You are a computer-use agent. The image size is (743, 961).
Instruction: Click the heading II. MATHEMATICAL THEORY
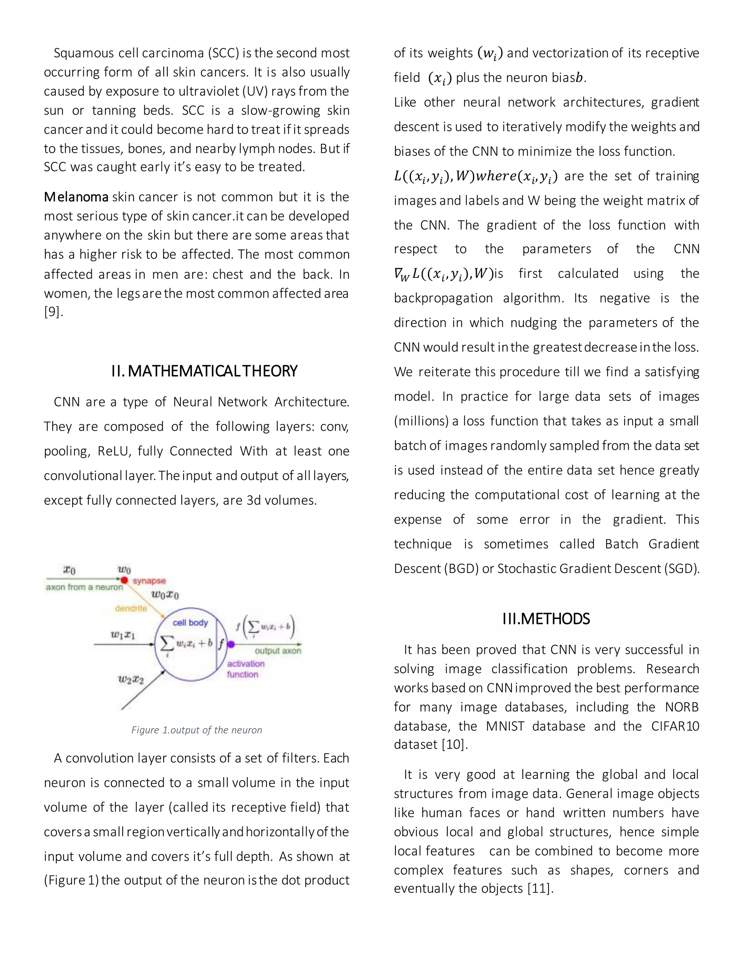204,371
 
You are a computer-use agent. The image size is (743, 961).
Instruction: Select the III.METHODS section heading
546,619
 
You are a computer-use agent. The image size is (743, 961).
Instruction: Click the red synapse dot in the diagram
124,580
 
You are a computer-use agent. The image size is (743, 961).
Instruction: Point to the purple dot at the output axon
231,644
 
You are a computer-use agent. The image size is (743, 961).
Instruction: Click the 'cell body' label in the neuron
190,623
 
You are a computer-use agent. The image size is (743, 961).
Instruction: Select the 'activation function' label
246,669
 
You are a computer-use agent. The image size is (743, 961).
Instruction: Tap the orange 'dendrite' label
131,609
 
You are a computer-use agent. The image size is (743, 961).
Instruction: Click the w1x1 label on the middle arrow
123,635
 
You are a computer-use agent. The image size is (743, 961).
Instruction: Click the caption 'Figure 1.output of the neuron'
196,730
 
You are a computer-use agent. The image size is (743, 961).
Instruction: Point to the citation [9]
53,312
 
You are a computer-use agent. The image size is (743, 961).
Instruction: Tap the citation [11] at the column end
539,888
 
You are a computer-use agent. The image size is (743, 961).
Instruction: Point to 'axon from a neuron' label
84,587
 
